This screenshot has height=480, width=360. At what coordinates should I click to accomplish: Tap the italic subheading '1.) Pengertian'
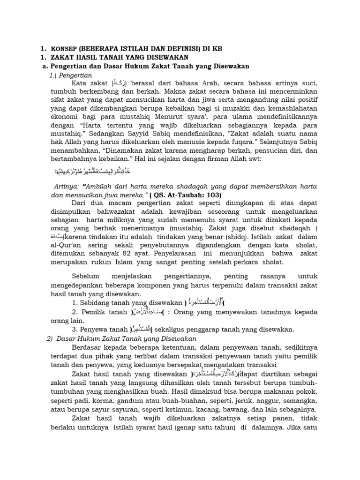[70, 75]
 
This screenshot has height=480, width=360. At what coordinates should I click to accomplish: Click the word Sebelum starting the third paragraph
[88, 277]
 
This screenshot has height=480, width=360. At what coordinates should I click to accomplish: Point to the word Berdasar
[88, 347]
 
